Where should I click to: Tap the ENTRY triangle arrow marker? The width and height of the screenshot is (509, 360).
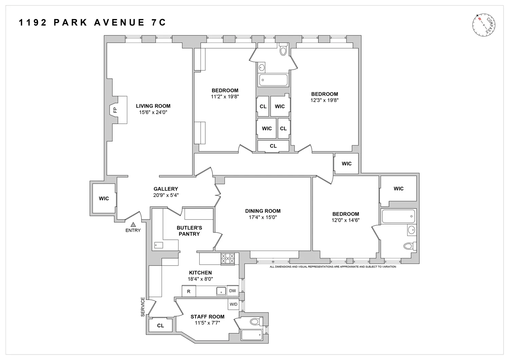point(133,224)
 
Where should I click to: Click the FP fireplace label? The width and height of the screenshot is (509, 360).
point(115,110)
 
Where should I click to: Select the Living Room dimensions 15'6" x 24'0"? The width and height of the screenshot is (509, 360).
point(153,112)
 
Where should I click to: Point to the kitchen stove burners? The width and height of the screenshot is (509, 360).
point(228,258)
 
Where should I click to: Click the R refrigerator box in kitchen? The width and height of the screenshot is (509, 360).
point(189,291)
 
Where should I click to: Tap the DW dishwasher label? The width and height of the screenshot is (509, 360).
point(232,291)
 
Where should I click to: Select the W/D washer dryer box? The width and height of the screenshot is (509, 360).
point(233,304)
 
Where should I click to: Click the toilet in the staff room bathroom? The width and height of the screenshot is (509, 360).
point(256,321)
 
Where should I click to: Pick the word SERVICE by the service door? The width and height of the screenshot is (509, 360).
point(143,307)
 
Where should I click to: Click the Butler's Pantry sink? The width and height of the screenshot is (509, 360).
point(158,245)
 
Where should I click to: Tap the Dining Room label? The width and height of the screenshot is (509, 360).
point(263,211)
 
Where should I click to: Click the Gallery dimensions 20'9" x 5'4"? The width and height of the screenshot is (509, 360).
point(166,195)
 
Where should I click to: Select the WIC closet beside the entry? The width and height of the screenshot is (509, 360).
point(104,198)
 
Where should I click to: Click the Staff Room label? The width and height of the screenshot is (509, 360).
point(207,317)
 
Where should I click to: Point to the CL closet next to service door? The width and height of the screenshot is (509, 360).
point(161,325)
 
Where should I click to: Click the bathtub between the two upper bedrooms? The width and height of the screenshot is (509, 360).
point(273,80)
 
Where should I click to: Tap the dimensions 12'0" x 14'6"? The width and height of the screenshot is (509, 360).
point(345,220)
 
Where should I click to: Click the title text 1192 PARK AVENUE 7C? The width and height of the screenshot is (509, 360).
point(92,22)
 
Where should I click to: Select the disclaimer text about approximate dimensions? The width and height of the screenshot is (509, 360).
point(333,267)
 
